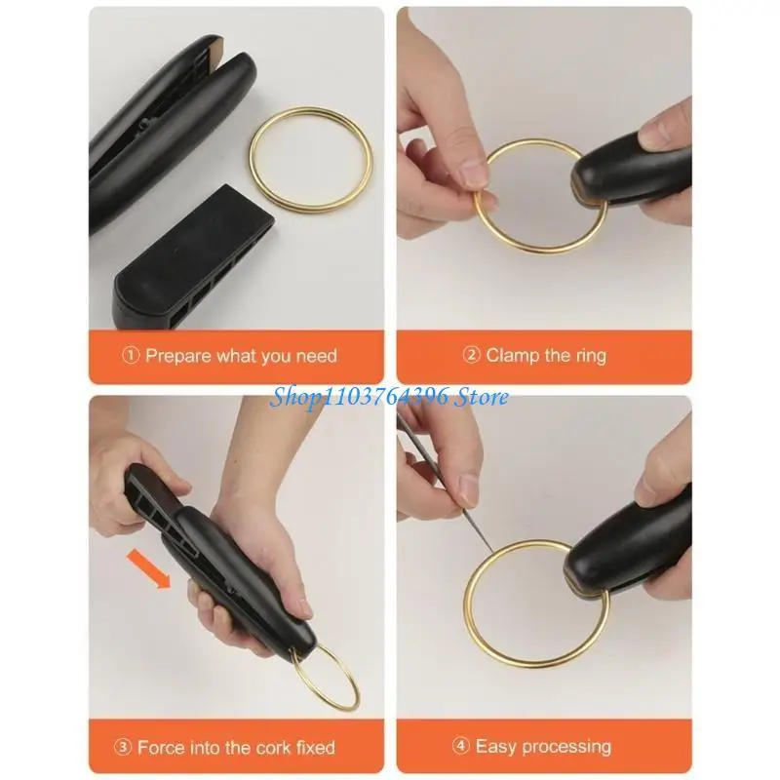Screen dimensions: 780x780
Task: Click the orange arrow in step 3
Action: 149,567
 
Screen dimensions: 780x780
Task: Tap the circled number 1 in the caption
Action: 131,355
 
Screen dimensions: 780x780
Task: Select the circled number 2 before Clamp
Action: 471,355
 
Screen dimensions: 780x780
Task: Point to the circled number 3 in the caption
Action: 122,747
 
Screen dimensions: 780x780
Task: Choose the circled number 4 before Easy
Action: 460,746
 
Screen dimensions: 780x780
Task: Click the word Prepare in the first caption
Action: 178,357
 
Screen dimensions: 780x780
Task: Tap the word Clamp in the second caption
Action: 513,356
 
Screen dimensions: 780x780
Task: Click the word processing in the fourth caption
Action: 566,747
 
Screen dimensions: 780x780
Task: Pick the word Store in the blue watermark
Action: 482,397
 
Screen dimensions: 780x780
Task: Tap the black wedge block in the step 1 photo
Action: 194,257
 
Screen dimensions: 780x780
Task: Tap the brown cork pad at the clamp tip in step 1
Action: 217,52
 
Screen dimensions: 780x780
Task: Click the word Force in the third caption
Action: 161,747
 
